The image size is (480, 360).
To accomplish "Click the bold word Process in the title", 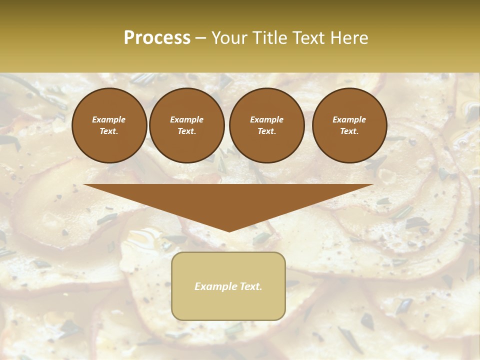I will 157,38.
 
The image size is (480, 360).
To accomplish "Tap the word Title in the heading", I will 267,38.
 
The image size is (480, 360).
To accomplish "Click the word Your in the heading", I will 228,38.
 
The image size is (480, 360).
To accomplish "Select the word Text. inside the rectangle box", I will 250,286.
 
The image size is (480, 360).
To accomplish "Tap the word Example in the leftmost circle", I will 109,119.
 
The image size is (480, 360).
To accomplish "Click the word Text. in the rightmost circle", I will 349,131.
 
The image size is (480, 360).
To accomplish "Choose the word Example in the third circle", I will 266,119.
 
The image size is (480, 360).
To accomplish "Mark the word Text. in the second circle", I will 186,131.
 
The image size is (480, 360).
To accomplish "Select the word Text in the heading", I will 308,38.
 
